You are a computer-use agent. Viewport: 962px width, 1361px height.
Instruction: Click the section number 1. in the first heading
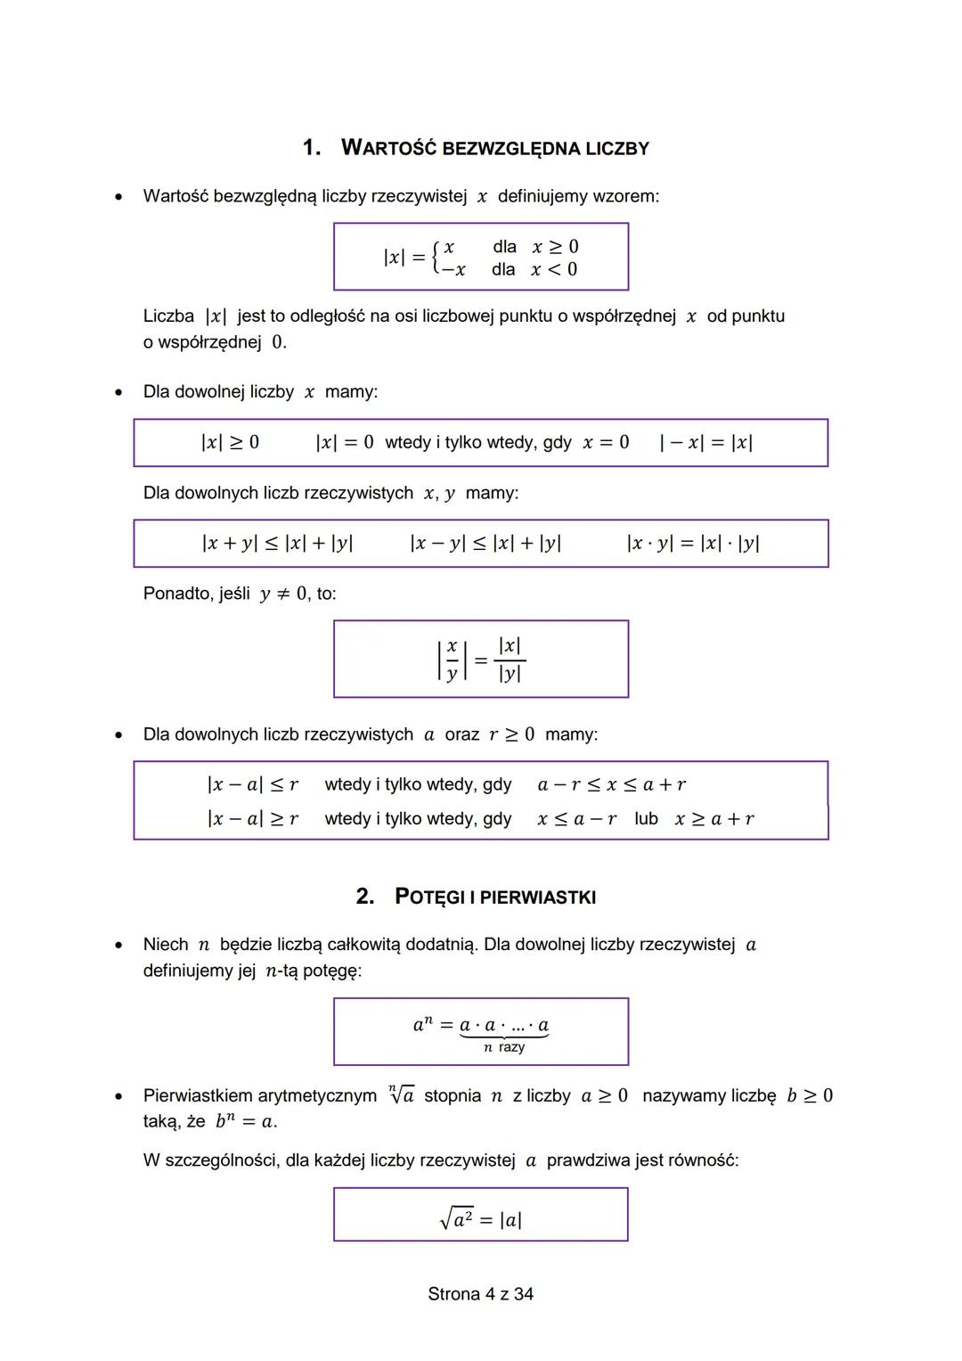[311, 148]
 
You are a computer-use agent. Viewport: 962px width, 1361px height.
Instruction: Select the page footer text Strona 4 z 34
[480, 1294]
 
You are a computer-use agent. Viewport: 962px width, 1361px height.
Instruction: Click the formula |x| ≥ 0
[230, 442]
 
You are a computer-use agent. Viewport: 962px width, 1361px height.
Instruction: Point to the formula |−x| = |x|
[705, 442]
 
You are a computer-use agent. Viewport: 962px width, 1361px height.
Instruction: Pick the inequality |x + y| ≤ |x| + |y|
[277, 543]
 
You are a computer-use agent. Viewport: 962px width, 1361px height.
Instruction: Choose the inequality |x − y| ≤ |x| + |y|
[485, 543]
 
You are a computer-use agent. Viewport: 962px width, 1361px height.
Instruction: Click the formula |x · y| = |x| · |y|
[693, 543]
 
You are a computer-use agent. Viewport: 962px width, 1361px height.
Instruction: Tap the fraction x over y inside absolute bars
[452, 660]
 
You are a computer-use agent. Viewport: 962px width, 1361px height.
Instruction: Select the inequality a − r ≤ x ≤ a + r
[612, 784]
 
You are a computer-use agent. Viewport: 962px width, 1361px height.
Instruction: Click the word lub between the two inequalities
[647, 818]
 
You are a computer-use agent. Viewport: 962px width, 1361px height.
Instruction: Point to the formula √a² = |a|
[481, 1218]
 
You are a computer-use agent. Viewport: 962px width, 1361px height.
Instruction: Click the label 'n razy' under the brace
[504, 1047]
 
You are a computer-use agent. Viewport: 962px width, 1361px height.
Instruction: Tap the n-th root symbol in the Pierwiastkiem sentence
[401, 1095]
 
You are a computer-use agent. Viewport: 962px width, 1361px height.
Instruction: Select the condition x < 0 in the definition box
[554, 269]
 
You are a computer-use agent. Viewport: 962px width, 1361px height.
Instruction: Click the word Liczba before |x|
[168, 316]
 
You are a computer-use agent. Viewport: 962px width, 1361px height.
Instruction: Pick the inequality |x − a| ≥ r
[252, 818]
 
